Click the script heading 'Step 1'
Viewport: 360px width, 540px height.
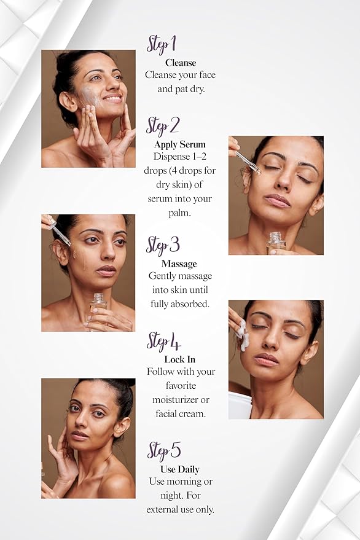pos(162,44)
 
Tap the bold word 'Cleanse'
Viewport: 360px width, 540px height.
pos(181,63)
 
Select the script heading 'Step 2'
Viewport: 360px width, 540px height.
pos(163,127)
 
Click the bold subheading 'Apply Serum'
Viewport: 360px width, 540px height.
pos(180,144)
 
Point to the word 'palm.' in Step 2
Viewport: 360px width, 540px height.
pos(179,213)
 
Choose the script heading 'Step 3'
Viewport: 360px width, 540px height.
pos(163,246)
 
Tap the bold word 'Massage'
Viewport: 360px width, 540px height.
pos(179,264)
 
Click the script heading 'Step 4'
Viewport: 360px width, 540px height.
pos(163,342)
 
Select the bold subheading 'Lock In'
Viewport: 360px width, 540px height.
pos(180,359)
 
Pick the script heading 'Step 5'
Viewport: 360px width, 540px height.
pos(164,451)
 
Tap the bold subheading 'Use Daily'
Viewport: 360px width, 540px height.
pos(180,469)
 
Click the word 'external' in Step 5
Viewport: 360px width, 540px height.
pos(163,510)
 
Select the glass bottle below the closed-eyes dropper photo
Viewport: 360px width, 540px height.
pos(276,243)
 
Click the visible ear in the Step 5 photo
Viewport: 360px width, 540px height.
pos(122,428)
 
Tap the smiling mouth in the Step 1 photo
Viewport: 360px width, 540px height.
pos(112,98)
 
